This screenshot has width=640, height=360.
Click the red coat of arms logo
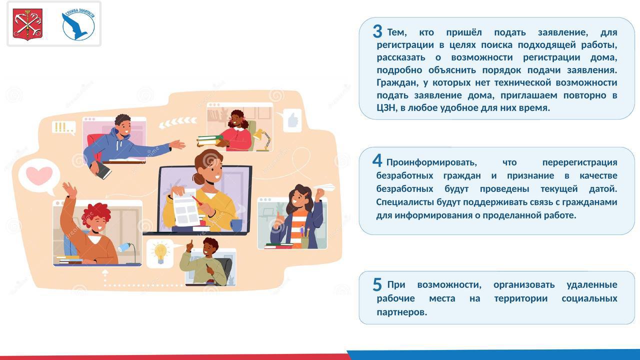click(27, 24)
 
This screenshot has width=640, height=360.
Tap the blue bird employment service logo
click(78, 24)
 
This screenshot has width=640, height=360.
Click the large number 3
click(377, 31)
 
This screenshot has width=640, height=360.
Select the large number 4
click(377, 160)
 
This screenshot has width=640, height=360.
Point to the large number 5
click(377, 284)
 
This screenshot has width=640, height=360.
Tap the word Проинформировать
click(431, 162)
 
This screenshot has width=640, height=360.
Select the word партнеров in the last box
click(401, 312)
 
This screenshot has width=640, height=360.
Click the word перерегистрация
click(579, 162)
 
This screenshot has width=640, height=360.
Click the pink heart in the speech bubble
click(39, 175)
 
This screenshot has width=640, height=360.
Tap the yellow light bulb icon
click(160, 253)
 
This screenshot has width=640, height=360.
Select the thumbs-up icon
click(293, 120)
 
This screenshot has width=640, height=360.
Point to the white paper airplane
click(324, 187)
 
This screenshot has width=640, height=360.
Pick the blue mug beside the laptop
click(236, 225)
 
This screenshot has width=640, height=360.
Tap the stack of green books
click(209, 141)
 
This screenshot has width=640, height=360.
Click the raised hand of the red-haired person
click(69, 189)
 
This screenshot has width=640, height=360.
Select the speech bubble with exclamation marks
click(64, 127)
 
